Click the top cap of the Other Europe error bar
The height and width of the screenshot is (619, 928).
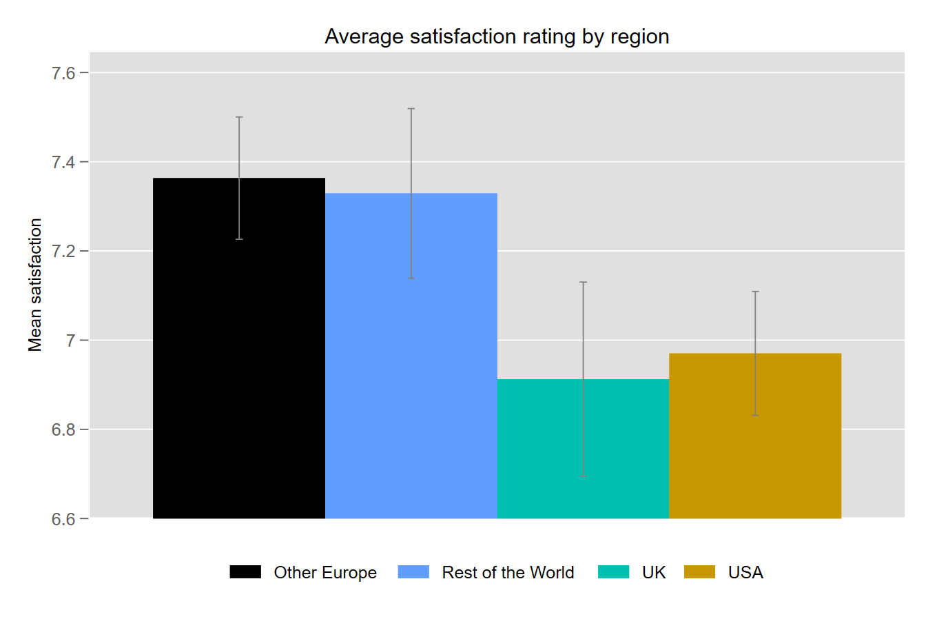[x=239, y=117]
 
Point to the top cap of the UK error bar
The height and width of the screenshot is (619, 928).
[x=584, y=282]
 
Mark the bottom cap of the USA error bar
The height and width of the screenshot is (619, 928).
[x=755, y=415]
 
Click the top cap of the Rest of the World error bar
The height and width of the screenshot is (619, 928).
[x=411, y=109]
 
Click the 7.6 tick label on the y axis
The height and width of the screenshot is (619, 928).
[x=63, y=73]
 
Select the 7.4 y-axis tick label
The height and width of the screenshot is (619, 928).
[x=63, y=163]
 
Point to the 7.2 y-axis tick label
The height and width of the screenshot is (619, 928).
[x=63, y=252]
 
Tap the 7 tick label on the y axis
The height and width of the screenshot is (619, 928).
[x=70, y=341]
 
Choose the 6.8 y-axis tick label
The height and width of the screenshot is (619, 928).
[x=63, y=429]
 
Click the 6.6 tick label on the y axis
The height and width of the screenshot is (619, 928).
[x=63, y=519]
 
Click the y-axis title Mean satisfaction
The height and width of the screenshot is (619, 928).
[x=35, y=285]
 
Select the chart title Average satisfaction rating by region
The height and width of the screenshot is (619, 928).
[x=497, y=37]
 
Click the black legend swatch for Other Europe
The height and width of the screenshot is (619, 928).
[x=245, y=572]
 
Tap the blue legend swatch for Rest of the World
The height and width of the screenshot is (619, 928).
[x=413, y=572]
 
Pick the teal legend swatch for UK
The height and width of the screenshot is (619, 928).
[x=613, y=572]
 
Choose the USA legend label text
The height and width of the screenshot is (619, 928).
[x=745, y=573]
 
